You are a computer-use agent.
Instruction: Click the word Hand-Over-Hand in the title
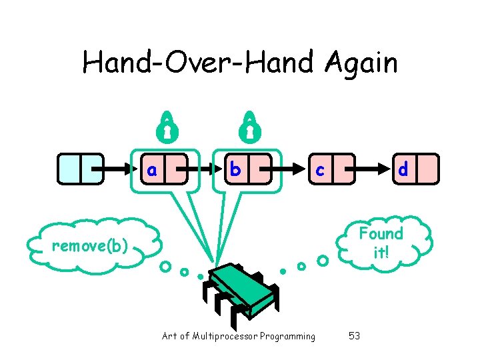tap(200, 63)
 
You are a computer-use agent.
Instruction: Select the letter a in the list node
tap(153, 170)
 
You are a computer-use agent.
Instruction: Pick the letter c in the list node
tap(320, 171)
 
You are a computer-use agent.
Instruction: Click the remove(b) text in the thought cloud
tap(90, 246)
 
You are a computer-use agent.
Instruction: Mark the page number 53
tap(354, 336)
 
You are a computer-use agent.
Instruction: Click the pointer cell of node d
tap(429, 169)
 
